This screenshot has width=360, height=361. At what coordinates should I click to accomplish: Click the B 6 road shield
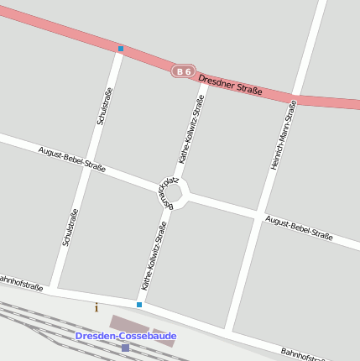pyautogui.click(x=183, y=72)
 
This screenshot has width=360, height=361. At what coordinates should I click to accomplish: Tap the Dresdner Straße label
pyautogui.click(x=231, y=83)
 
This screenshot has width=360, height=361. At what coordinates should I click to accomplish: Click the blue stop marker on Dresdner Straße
pyautogui.click(x=121, y=49)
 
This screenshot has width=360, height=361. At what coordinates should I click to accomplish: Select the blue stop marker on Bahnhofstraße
pyautogui.click(x=139, y=305)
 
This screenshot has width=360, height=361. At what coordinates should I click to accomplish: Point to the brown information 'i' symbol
pyautogui.click(x=97, y=307)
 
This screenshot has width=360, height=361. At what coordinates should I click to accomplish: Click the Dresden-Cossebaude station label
pyautogui.click(x=126, y=336)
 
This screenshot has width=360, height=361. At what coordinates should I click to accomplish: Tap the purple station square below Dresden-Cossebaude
pyautogui.click(x=125, y=348)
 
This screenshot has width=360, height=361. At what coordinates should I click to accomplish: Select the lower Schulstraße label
pyautogui.click(x=70, y=227)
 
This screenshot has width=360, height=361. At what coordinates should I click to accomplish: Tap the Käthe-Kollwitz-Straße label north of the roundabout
pyautogui.click(x=192, y=128)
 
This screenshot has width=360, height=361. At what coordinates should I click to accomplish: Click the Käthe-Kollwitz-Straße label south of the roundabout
pyautogui.click(x=154, y=255)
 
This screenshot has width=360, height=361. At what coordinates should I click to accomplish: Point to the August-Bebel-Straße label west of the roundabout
pyautogui.click(x=72, y=159)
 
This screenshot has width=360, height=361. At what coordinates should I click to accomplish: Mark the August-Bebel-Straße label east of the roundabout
pyautogui.click(x=299, y=228)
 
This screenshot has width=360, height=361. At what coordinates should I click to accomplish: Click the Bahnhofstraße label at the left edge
pyautogui.click(x=20, y=282)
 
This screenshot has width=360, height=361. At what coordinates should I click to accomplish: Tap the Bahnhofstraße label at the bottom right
pyautogui.click(x=304, y=355)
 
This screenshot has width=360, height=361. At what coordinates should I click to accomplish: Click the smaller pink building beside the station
pyautogui.click(x=164, y=337)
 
